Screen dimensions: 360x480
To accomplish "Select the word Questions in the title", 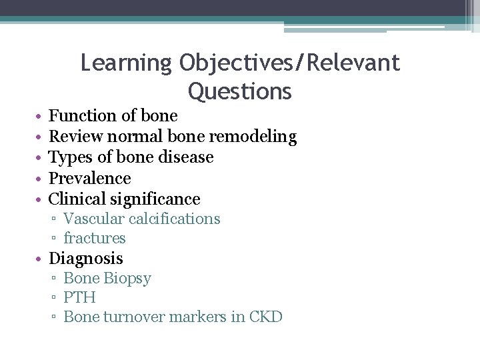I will pyautogui.click(x=240, y=91).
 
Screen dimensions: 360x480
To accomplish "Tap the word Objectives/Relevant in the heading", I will pyautogui.click(x=289, y=63).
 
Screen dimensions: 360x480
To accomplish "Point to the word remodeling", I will pyautogui.click(x=253, y=137).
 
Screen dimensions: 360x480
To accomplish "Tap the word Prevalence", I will pyautogui.click(x=90, y=179).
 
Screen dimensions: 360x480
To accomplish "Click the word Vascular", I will pyautogui.click(x=92, y=219).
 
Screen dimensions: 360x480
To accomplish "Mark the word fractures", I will pyautogui.click(x=95, y=239).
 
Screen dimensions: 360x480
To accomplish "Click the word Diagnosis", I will pyautogui.click(x=86, y=259).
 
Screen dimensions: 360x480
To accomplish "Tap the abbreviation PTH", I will pyautogui.click(x=79, y=297).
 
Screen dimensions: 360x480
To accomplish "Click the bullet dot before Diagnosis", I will pyautogui.click(x=41, y=259).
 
